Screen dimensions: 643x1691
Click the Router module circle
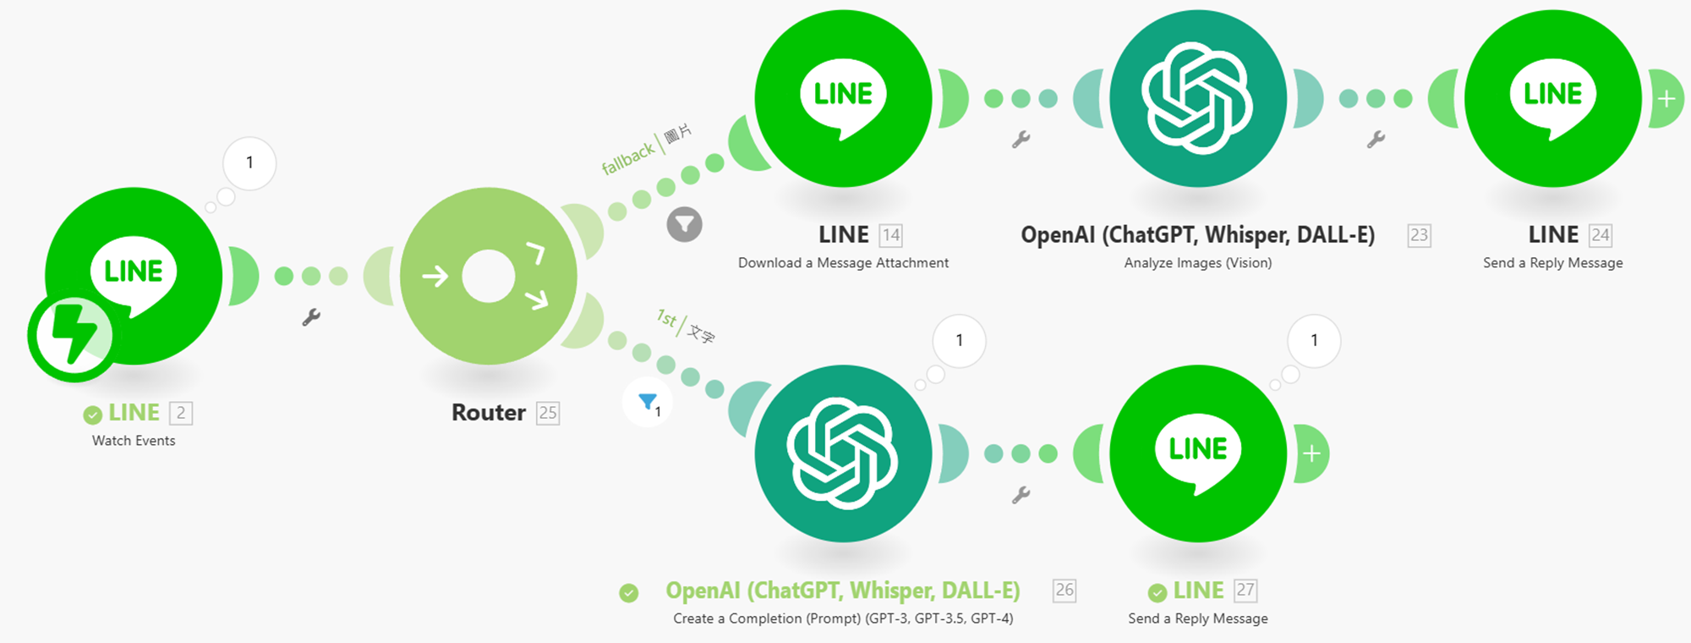pos(489,276)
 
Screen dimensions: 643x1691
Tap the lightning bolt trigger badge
pos(73,336)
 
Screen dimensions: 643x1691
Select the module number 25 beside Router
pos(548,413)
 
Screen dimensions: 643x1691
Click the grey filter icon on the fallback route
pos(684,224)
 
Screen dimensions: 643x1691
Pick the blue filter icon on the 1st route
pos(648,402)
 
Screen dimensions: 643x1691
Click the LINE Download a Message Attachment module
pos(843,98)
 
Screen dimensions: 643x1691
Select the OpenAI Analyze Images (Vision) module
pos(1197,98)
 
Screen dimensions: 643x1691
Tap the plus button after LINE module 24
pos(1666,99)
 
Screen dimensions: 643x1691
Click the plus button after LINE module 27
pos(1311,454)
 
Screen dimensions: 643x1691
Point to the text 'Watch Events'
pos(134,441)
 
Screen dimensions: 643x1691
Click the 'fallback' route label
pos(627,158)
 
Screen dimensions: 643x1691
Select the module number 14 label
pos(890,235)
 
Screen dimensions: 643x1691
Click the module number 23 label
pos(1419,235)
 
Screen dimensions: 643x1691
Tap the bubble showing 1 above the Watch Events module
pos(249,162)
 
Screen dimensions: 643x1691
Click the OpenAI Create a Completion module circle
pos(843,453)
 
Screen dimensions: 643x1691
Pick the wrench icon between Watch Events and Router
pos(311,317)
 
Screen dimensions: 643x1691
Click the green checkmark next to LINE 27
pos(1157,592)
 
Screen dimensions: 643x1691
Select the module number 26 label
pos(1064,591)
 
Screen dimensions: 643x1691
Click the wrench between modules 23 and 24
pos(1376,140)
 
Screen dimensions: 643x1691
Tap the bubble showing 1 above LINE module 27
pos(1314,340)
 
